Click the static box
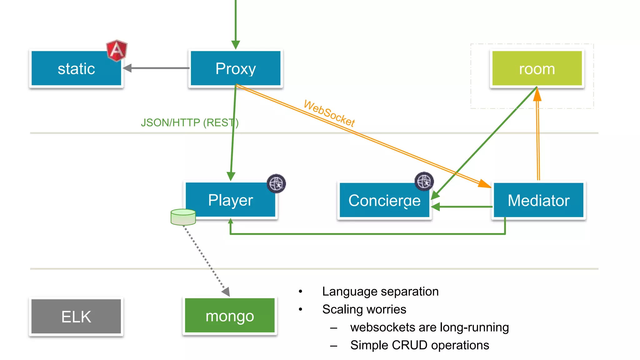pyautogui.click(x=76, y=68)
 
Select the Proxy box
pyautogui.click(x=235, y=68)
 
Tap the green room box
pyautogui.click(x=537, y=68)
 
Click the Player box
pyautogui.click(x=230, y=200)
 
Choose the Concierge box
pyautogui.click(x=384, y=200)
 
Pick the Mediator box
pyautogui.click(x=538, y=200)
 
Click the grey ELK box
pyautogui.click(x=76, y=317)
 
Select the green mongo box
pyautogui.click(x=230, y=316)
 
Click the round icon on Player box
pyautogui.click(x=276, y=183)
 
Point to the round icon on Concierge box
pyautogui.click(x=424, y=181)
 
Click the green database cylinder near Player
pyautogui.click(x=183, y=217)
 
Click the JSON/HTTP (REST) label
pyautogui.click(x=189, y=122)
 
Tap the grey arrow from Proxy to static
pyautogui.click(x=156, y=68)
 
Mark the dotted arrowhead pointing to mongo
pyautogui.click(x=226, y=292)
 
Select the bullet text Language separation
pyautogui.click(x=380, y=291)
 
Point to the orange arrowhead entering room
pyautogui.click(x=537, y=94)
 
